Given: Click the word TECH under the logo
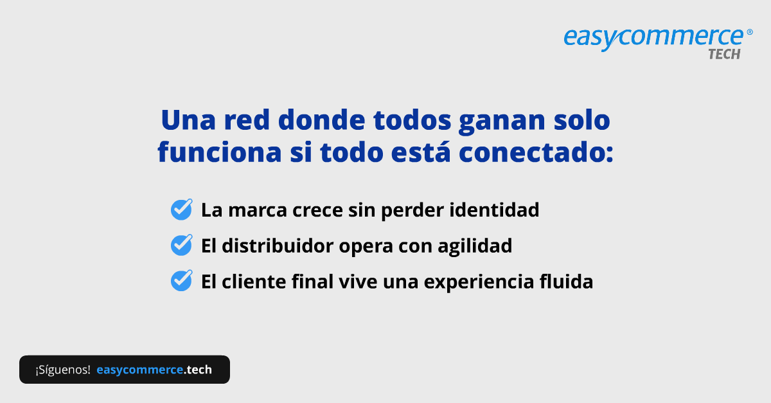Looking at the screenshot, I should tap(724, 55).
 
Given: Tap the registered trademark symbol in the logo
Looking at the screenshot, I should tap(749, 31).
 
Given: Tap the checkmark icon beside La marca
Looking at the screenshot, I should tap(181, 210).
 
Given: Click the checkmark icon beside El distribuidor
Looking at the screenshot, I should tap(181, 245).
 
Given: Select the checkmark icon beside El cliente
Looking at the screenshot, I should tap(181, 281).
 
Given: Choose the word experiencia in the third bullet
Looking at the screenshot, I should tap(475, 281).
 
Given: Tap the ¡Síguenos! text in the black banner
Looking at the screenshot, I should tap(63, 370).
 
